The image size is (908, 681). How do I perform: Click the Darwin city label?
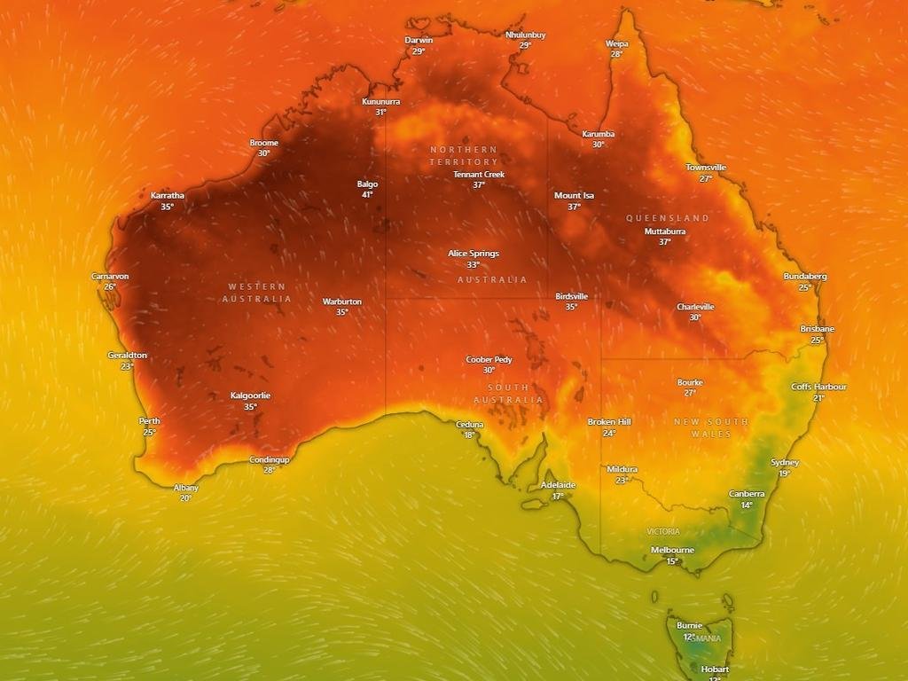point(419,40)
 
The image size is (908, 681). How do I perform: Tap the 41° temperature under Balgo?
point(367,195)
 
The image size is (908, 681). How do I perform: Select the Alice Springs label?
point(474,254)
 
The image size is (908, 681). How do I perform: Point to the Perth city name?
point(149,421)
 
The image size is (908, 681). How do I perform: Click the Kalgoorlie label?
point(250,395)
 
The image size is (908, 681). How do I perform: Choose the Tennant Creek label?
point(479,175)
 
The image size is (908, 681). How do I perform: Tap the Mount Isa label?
point(574,195)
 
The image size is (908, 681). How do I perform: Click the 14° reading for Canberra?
point(747,505)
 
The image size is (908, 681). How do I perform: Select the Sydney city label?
point(785,463)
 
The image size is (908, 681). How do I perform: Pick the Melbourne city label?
point(672,550)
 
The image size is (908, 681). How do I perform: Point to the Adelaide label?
point(558,485)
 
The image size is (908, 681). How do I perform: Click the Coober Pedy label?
point(489,360)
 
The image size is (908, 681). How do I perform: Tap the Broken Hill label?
point(609,422)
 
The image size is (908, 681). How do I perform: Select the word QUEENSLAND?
point(668,218)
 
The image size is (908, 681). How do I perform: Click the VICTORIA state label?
point(663,532)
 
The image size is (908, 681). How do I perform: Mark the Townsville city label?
point(706,168)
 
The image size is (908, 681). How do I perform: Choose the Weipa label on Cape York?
point(616,43)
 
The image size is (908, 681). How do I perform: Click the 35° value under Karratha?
point(167,207)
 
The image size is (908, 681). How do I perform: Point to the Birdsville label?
point(571,296)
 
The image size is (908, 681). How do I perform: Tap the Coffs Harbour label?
point(818,387)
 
